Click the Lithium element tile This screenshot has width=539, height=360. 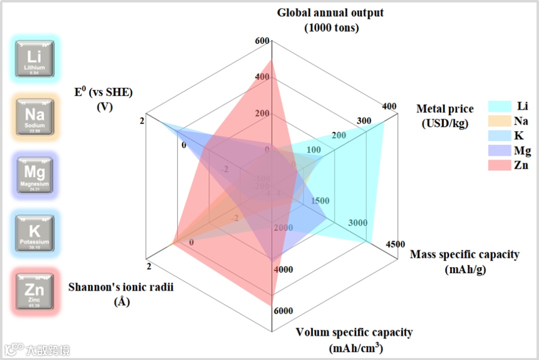click(x=34, y=59)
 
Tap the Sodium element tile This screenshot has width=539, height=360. click(x=34, y=117)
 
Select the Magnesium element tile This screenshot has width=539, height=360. click(x=34, y=175)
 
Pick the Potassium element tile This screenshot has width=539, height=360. click(x=34, y=233)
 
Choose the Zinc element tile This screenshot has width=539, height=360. click(x=34, y=291)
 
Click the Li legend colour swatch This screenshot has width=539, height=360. click(x=500, y=106)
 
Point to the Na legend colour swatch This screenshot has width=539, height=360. click(x=500, y=121)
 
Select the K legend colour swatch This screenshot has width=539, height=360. click(x=500, y=136)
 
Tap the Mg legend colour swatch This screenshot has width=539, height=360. click(x=500, y=150)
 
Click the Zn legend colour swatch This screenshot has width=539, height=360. click(x=500, y=165)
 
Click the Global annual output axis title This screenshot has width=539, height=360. click(x=331, y=20)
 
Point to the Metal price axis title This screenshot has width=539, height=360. click(x=445, y=116)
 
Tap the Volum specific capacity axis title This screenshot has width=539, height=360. click(x=354, y=340)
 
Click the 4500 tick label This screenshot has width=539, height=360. click(x=395, y=244)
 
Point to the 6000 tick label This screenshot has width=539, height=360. click(x=283, y=311)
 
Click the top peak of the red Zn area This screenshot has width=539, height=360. click(x=271, y=60)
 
